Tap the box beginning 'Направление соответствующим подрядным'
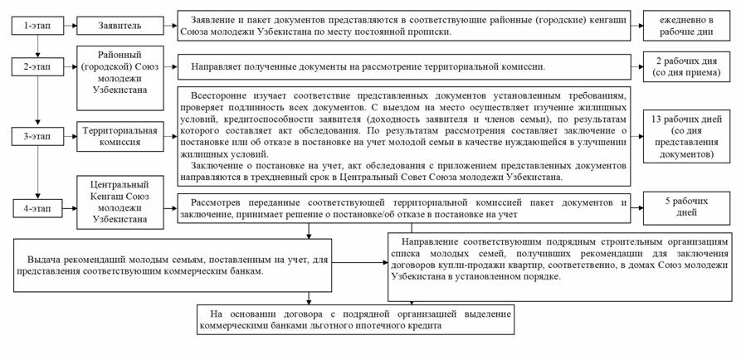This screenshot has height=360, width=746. tap(561, 264)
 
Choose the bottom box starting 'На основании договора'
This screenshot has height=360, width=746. tap(355, 319)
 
